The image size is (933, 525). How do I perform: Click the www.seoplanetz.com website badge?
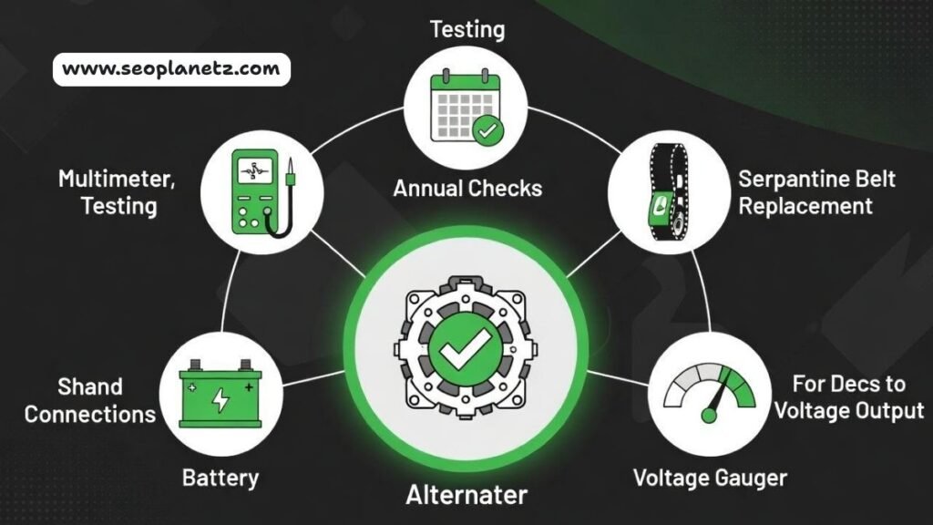click(171, 69)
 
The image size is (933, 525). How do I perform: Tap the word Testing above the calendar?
click(466, 29)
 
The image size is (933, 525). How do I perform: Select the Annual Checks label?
click(467, 189)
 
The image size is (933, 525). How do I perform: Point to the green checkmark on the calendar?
click(489, 131)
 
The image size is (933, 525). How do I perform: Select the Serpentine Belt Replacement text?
click(817, 192)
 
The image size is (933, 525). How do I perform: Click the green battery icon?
click(220, 398)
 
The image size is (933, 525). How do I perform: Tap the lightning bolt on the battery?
click(220, 399)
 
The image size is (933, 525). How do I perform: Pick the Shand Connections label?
click(89, 400)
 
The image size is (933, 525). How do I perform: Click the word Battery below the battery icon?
click(220, 477)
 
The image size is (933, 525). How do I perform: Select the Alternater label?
click(466, 495)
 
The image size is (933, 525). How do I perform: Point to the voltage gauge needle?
click(717, 397)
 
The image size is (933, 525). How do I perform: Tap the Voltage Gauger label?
click(710, 477)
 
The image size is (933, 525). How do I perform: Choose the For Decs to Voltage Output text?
click(847, 397)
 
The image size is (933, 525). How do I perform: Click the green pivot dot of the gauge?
click(707, 416)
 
